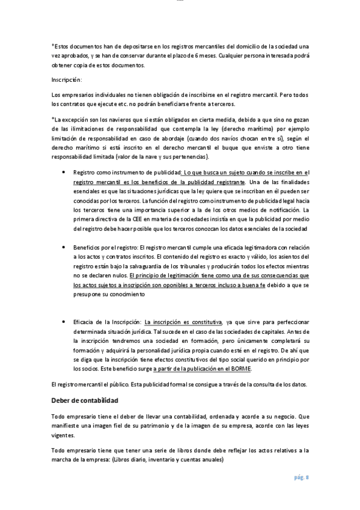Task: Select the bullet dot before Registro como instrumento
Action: coord(64,172)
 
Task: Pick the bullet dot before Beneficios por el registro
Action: coord(64,247)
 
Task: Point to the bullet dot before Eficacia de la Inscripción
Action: coord(64,322)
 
